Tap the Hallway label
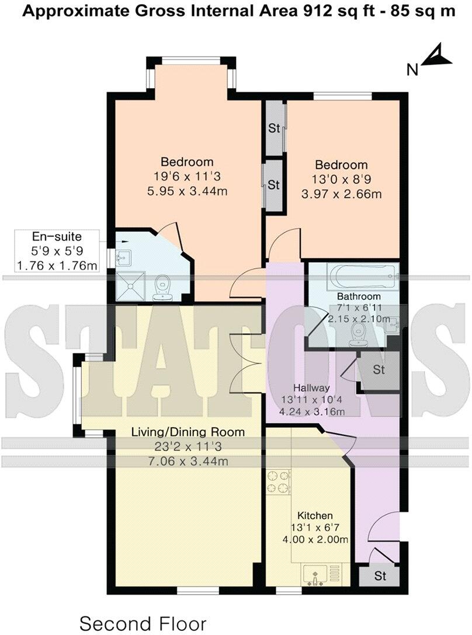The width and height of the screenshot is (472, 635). [x=312, y=388]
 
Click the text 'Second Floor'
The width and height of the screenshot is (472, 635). [x=143, y=623]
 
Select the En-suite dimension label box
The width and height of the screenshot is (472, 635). [x=57, y=252]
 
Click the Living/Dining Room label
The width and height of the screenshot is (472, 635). [x=187, y=432]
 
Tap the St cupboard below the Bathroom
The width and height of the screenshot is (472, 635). [x=379, y=370]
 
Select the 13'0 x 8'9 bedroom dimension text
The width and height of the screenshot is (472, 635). [x=342, y=179]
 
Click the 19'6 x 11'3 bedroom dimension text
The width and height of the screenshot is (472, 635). [x=187, y=176]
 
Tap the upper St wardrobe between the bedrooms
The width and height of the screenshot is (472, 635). [x=274, y=128]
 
